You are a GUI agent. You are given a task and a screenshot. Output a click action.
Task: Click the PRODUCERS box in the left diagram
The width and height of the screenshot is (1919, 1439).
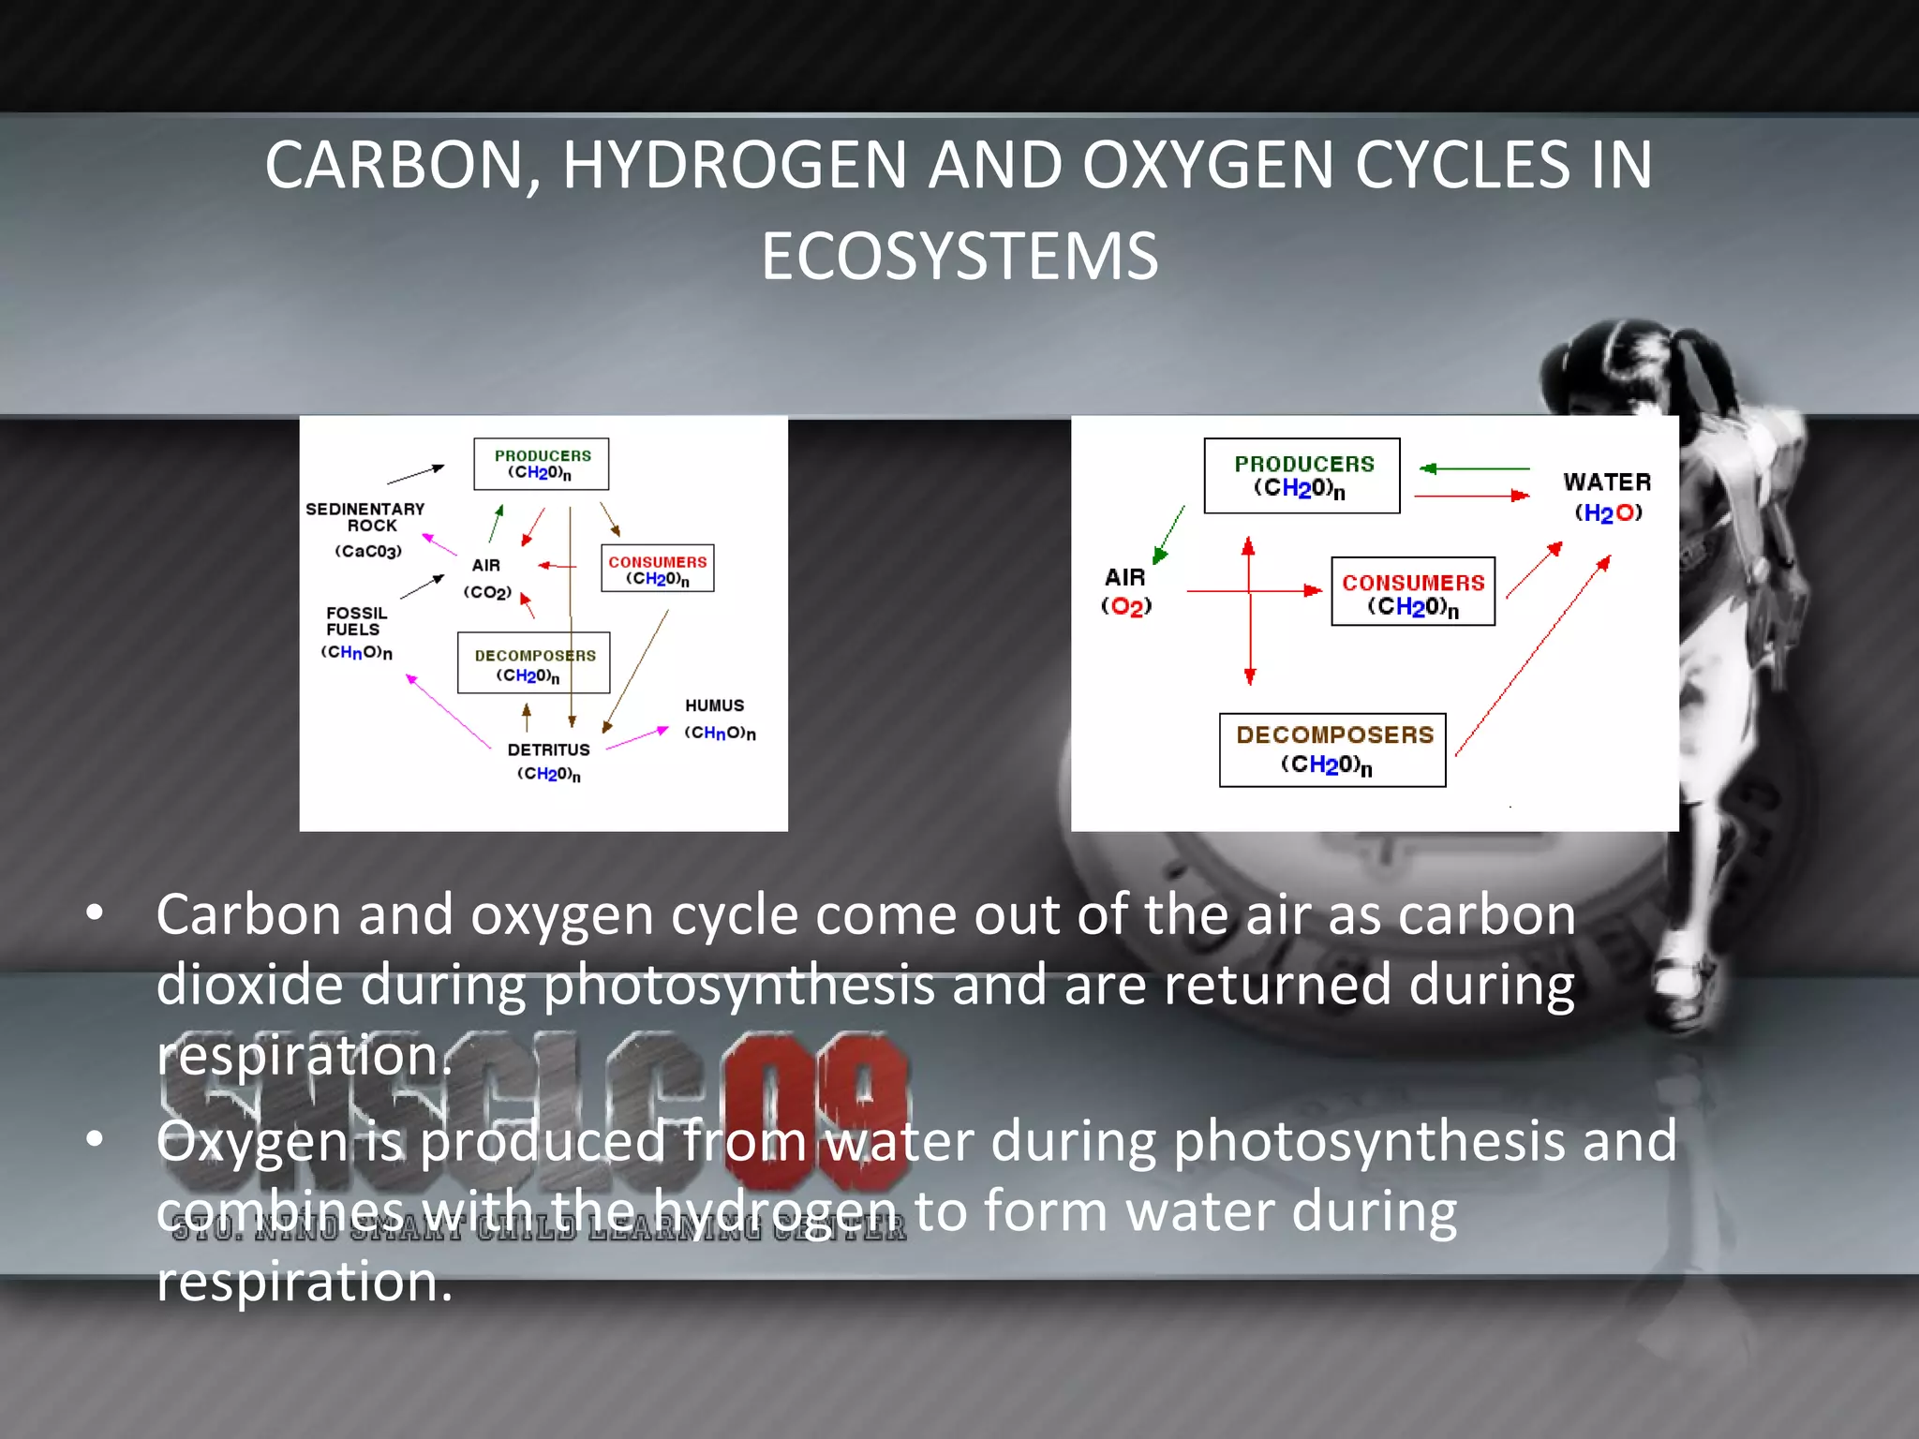click(541, 464)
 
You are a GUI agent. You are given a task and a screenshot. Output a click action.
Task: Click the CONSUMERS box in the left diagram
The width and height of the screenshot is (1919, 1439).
click(657, 569)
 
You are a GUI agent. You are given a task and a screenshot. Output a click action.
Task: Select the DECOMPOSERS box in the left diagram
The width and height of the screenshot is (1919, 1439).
click(533, 663)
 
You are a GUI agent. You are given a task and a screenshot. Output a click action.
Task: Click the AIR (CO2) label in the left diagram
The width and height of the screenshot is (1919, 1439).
click(486, 578)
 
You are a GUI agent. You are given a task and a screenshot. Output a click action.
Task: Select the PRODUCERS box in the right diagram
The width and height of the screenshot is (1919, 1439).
click(1302, 476)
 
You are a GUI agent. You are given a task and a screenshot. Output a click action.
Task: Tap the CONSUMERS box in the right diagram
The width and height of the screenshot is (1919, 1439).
click(1412, 592)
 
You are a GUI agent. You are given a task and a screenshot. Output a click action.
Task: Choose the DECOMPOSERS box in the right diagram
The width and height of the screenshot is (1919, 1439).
click(1332, 749)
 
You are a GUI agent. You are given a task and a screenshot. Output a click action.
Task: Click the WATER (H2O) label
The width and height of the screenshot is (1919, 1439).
click(1607, 497)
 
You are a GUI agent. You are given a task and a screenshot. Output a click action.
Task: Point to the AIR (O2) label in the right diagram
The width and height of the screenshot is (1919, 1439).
click(1125, 591)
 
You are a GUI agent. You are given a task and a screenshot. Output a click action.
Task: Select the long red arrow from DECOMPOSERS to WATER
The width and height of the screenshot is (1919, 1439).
click(1532, 656)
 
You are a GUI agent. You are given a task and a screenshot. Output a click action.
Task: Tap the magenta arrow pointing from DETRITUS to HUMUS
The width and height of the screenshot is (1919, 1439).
click(637, 738)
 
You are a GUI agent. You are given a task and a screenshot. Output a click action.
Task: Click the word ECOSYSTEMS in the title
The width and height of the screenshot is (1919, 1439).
click(959, 257)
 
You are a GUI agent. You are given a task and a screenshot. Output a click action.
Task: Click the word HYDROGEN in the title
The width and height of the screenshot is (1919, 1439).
click(735, 165)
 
